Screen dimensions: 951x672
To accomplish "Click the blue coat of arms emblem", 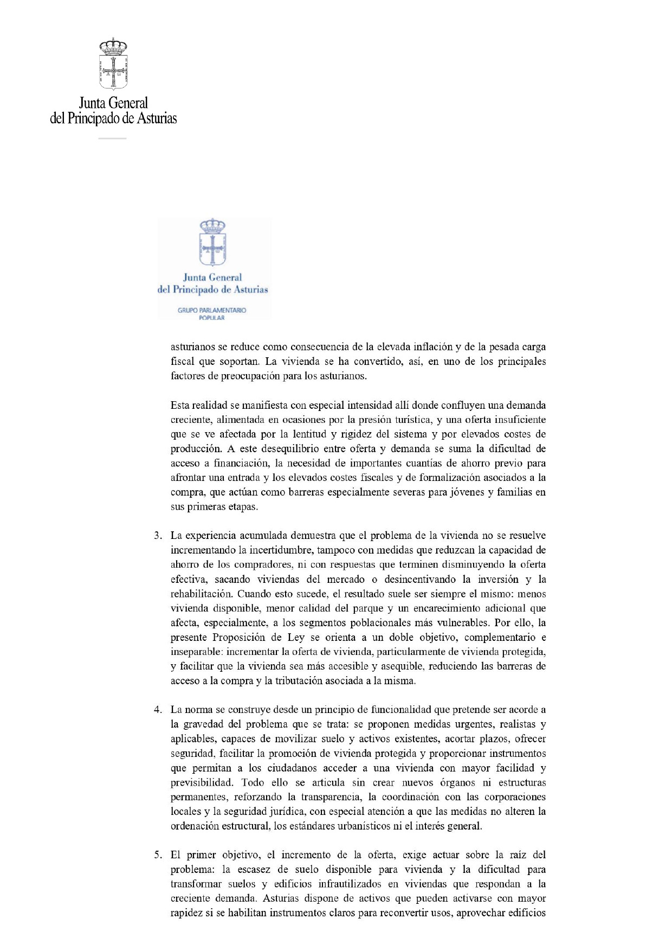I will click(212, 242).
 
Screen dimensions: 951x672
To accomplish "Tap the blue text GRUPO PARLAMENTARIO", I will click(212, 310).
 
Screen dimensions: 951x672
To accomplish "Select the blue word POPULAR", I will click(211, 318).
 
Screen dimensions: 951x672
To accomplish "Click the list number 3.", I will click(157, 535).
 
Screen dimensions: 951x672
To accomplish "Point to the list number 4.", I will click(157, 709).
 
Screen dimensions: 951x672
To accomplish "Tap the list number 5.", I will click(157, 854).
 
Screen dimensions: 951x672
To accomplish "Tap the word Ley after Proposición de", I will click(296, 637).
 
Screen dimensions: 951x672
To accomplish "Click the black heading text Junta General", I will click(113, 102).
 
